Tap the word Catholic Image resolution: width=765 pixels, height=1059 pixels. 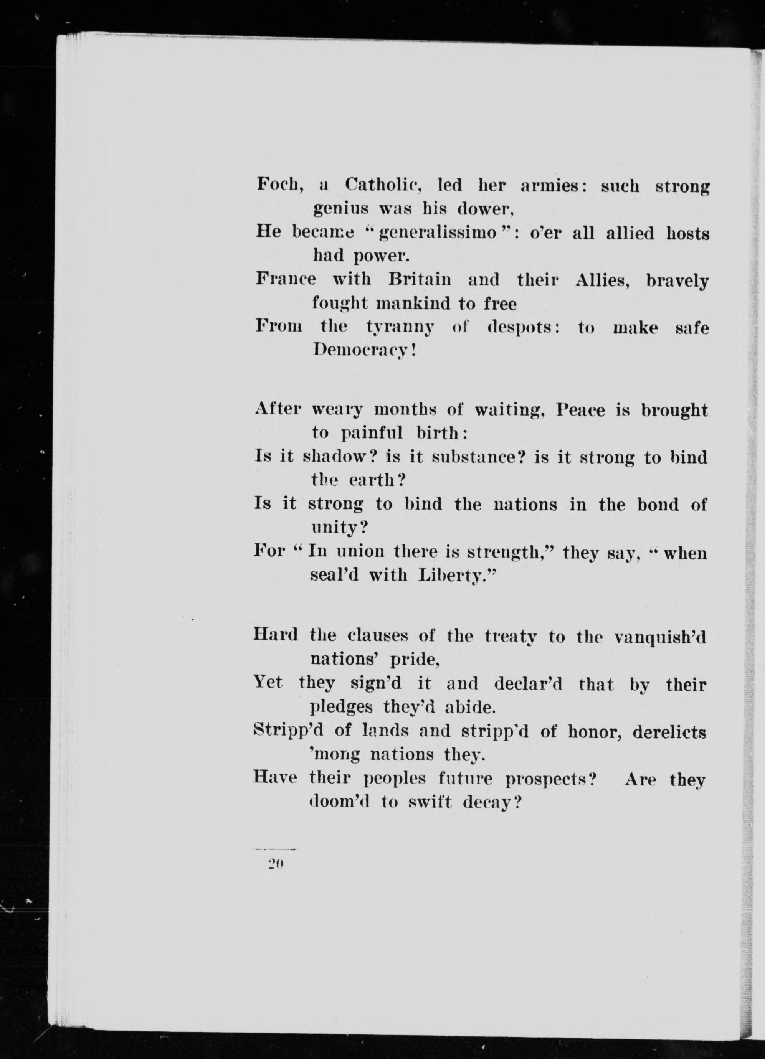click(x=383, y=185)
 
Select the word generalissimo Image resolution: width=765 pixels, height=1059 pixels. click(x=438, y=233)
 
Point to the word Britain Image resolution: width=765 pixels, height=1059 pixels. click(x=420, y=280)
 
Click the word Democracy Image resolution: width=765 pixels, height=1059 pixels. click(x=363, y=350)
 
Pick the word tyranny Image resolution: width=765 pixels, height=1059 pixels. click(x=400, y=328)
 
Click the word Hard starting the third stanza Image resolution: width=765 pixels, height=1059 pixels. click(x=276, y=635)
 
